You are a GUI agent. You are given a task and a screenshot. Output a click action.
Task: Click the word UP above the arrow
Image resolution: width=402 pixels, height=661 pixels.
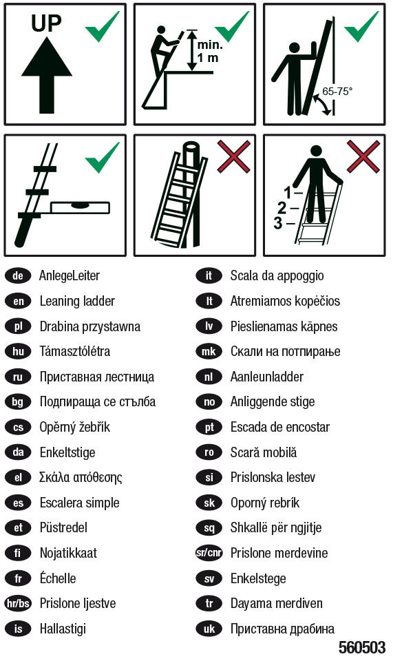(x=46, y=24)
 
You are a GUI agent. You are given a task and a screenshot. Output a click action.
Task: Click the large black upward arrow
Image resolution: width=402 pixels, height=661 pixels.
(x=47, y=67)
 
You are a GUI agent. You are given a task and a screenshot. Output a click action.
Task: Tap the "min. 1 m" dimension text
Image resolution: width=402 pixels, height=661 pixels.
(x=209, y=51)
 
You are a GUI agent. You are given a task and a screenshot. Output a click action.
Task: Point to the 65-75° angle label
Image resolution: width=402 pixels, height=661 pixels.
(x=337, y=91)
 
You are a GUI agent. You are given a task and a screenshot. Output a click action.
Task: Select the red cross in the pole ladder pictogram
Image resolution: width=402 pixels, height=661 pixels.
(x=233, y=156)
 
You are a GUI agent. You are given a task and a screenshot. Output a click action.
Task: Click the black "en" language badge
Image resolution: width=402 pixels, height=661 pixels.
(x=18, y=301)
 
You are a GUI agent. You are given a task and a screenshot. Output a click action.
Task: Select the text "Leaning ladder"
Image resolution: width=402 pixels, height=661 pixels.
(x=77, y=301)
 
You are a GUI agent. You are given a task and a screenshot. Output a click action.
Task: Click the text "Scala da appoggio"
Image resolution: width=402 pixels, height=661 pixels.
(x=277, y=275)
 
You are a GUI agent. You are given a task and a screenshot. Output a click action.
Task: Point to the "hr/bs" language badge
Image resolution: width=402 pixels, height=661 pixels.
(x=18, y=604)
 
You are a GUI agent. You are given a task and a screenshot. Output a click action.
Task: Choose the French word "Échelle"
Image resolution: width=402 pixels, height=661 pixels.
(x=58, y=578)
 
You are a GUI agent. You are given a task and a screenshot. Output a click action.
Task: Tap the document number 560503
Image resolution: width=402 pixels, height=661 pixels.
(x=362, y=648)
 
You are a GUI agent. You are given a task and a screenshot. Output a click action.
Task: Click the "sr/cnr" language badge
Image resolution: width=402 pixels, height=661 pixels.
(x=209, y=553)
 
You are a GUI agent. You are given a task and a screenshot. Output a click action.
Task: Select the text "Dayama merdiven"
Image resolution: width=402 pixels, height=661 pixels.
(x=276, y=603)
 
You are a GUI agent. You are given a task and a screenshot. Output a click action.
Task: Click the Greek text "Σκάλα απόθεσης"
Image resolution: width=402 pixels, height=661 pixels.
(x=81, y=477)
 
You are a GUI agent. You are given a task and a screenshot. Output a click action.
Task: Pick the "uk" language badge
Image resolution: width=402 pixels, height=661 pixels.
(x=209, y=629)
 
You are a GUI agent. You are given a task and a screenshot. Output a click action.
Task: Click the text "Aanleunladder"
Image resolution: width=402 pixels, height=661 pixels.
(x=266, y=377)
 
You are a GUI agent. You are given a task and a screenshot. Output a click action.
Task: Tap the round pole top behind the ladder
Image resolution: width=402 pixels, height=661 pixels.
(x=192, y=149)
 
